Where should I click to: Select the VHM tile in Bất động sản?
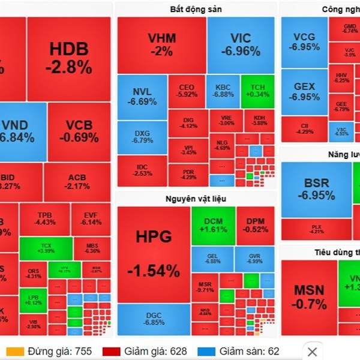pyautogui.click(x=162, y=44)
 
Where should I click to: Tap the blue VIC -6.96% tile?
pyautogui.click(x=241, y=44)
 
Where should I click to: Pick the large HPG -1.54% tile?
pyautogui.click(x=153, y=255)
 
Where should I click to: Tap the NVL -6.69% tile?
pyautogui.click(x=142, y=96)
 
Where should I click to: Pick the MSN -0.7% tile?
pyautogui.click(x=309, y=296)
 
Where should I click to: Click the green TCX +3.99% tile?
pyautogui.click(x=46, y=248)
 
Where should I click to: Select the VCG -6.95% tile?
pyautogui.click(x=304, y=41)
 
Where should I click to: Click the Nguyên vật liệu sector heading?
pyautogui.click(x=196, y=199)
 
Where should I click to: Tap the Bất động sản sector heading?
pyautogui.click(x=196, y=9)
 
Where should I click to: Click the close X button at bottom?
pyautogui.click(x=312, y=351)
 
